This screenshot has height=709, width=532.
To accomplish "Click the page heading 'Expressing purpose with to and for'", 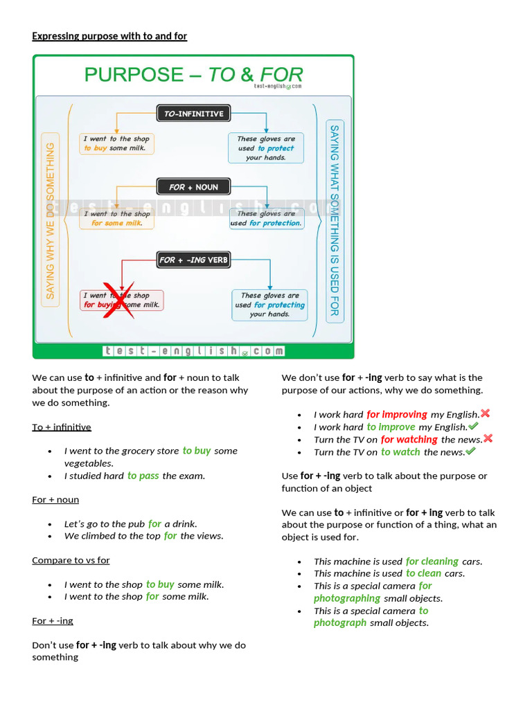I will click(x=109, y=36).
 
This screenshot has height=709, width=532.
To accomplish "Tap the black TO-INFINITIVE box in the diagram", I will click(x=193, y=114).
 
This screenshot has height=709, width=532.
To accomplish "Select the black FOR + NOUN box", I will click(x=193, y=187).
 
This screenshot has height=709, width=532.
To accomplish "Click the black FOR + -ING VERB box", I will click(x=193, y=260).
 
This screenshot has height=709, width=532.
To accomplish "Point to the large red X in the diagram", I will click(x=118, y=299).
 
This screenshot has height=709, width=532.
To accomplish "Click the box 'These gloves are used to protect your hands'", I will click(x=266, y=148).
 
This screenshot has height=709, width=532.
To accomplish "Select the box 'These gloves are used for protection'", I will click(x=266, y=219).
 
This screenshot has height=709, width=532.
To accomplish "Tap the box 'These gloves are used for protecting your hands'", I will click(x=269, y=305).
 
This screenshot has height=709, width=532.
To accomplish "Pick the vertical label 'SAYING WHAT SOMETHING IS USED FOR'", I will click(x=334, y=221).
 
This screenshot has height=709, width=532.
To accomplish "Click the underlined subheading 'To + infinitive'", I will click(x=62, y=427).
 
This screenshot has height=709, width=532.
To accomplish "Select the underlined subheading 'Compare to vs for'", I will click(x=71, y=560).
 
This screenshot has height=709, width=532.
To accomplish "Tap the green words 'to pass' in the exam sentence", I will click(x=143, y=476).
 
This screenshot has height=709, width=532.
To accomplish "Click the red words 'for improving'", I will click(x=397, y=415).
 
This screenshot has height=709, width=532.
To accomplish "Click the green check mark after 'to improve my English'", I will click(x=473, y=427).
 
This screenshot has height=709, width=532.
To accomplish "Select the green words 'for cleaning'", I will click(x=432, y=562).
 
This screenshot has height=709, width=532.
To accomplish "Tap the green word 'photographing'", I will click(x=346, y=598).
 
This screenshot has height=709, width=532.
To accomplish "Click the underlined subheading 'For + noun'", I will click(x=55, y=499).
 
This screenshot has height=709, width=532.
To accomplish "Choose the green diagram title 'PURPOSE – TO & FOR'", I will click(x=193, y=75).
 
